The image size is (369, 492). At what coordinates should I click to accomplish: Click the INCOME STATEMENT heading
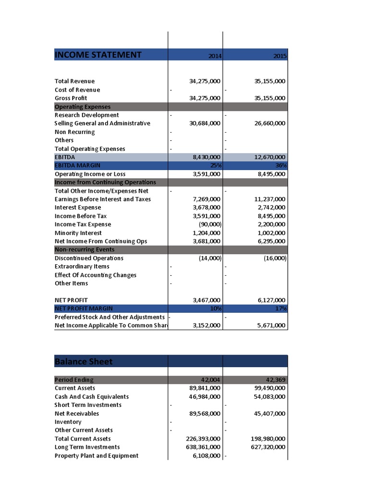pyautogui.click(x=98, y=55)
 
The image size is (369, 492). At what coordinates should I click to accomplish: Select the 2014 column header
pyautogui.click(x=215, y=56)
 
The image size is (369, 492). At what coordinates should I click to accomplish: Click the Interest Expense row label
pyautogui.click(x=78, y=208)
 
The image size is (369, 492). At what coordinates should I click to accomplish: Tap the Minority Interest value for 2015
pyautogui.click(x=270, y=233)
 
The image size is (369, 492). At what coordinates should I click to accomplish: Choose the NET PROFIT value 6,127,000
pyautogui.click(x=270, y=300)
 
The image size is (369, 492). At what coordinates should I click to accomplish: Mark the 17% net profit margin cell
pyautogui.click(x=281, y=308)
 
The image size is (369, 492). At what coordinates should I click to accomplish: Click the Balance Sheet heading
pyautogui.click(x=84, y=361)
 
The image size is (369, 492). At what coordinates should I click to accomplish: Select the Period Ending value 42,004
pyautogui.click(x=211, y=380)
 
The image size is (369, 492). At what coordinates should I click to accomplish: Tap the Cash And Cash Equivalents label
pyautogui.click(x=92, y=396)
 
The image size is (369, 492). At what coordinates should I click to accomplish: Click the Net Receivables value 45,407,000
pyautogui.click(x=268, y=413)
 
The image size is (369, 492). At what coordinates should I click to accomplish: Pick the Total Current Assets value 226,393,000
pyautogui.click(x=203, y=439)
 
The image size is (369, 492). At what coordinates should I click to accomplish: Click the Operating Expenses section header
pyautogui.click(x=83, y=107)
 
